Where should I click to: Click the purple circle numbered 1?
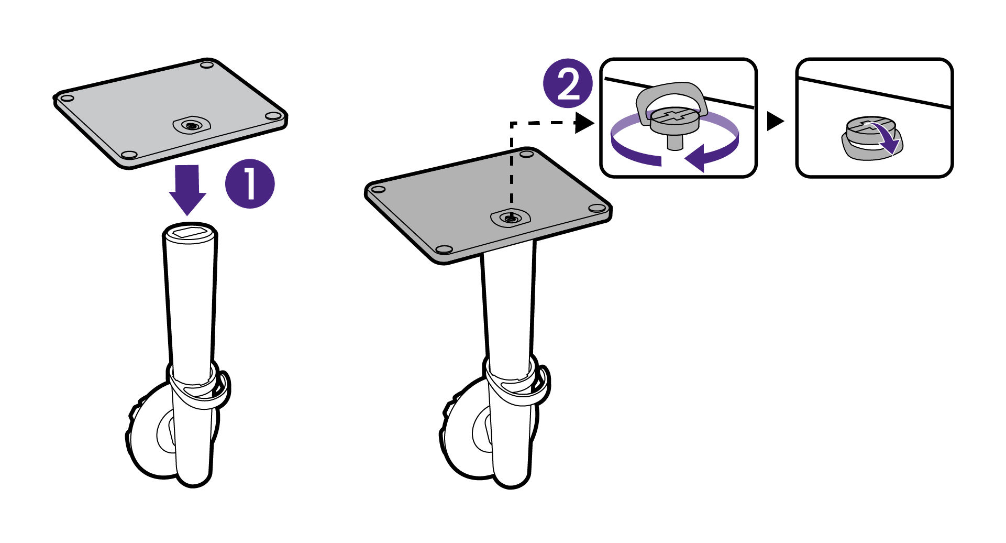click(250, 184)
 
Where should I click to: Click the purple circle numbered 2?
click(568, 83)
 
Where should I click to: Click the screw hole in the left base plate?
click(192, 125)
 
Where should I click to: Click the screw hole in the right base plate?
click(510, 218)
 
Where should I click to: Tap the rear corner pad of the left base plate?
click(207, 65)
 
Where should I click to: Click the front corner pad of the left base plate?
click(128, 155)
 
